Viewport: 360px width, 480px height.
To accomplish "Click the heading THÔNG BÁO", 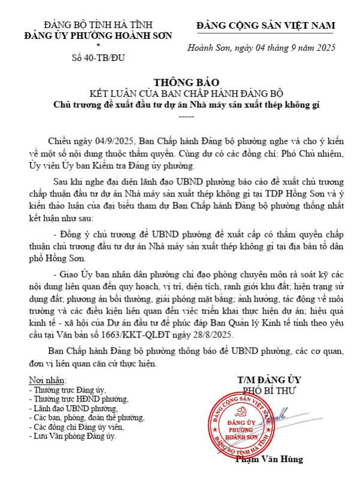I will point(180,82).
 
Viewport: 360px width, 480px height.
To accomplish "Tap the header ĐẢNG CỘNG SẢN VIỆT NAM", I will point(266,25).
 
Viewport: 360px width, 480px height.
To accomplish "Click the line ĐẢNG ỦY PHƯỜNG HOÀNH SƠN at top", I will point(98,35).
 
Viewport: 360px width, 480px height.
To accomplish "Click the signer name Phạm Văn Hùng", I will point(277,460).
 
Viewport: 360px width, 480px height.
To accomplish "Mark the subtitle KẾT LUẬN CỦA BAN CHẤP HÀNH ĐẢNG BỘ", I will point(180,94).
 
